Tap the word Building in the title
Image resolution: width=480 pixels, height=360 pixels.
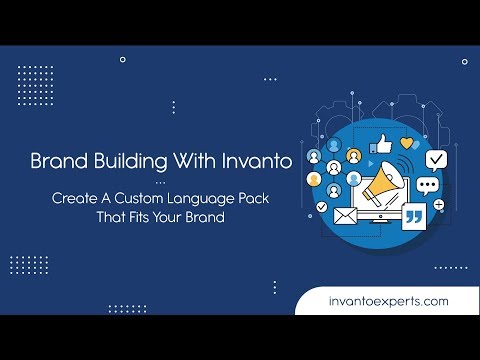pos(125,160)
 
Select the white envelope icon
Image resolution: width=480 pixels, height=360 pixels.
pos(346,214)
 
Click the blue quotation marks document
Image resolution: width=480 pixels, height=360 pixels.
pos(413,216)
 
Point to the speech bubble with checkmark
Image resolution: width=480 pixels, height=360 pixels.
pos(435,159)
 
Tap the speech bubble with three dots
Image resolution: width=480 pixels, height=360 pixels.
pos(428,185)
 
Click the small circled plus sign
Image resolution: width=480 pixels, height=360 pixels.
pos(438,203)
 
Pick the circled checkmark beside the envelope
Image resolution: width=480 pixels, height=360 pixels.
pos(322,206)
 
